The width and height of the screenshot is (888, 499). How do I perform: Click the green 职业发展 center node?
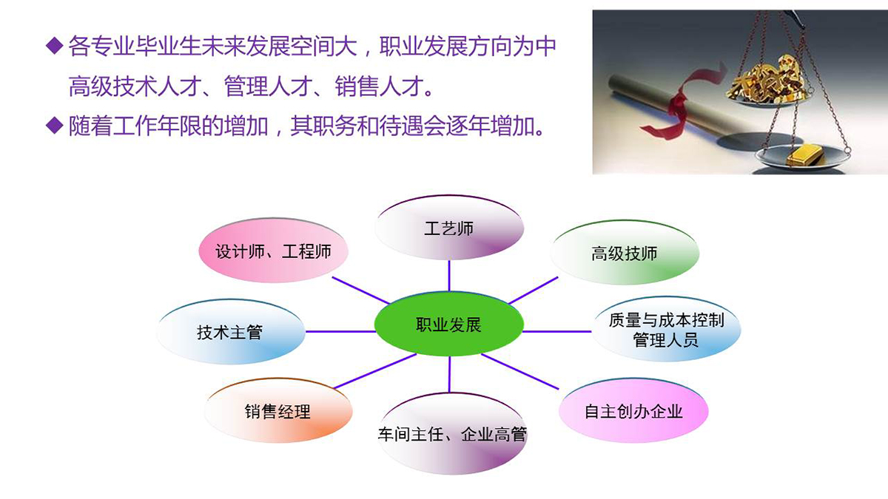click(x=448, y=324)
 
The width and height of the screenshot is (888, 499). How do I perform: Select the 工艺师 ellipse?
click(x=449, y=228)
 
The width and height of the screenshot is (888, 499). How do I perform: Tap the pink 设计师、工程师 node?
click(x=273, y=251)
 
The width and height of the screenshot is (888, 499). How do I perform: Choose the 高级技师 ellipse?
click(x=625, y=253)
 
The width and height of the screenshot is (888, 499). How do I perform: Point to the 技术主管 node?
click(x=231, y=332)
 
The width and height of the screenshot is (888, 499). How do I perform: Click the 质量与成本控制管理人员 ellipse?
click(x=666, y=330)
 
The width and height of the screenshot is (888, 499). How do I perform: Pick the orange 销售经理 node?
click(x=278, y=411)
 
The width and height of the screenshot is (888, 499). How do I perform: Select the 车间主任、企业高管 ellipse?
click(x=452, y=434)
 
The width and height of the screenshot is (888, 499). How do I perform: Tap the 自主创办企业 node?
click(x=633, y=411)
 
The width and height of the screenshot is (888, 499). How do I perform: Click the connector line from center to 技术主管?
click(x=340, y=331)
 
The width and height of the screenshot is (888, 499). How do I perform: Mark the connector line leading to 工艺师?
click(x=449, y=276)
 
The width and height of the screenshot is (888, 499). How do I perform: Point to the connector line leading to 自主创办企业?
click(x=520, y=371)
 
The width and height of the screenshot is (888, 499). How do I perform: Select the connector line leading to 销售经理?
click(x=375, y=371)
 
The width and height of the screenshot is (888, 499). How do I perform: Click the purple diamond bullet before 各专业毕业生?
click(x=55, y=46)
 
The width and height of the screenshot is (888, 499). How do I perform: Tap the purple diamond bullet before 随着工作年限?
click(x=55, y=126)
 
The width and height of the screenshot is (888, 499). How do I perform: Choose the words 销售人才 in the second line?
click(x=379, y=86)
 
